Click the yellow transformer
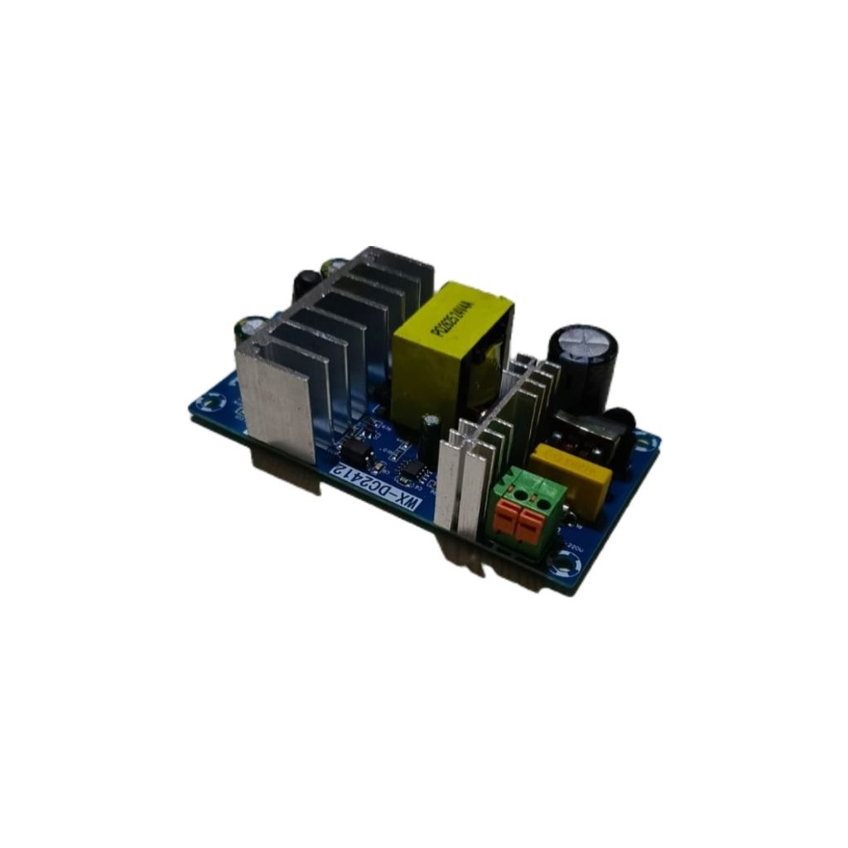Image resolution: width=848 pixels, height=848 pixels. (451, 352)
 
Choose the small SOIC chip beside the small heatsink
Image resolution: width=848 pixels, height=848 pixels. (412, 471)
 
